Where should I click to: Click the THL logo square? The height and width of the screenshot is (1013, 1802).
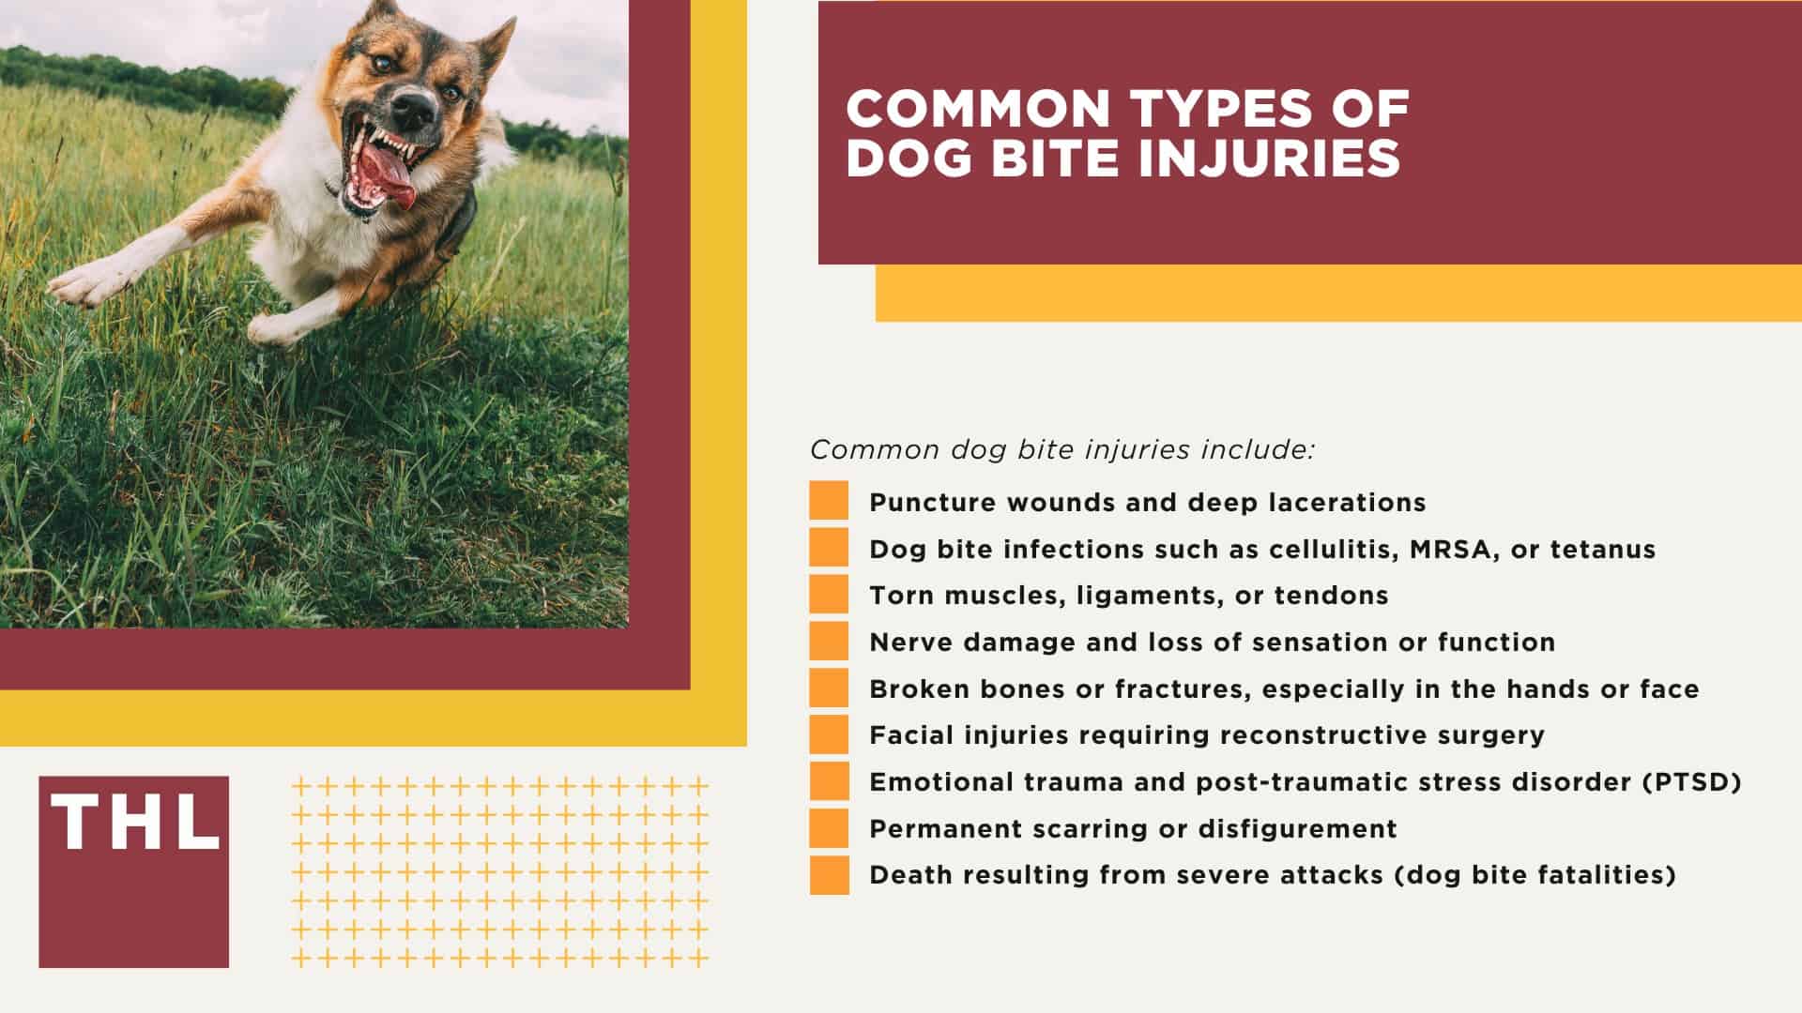[133, 871]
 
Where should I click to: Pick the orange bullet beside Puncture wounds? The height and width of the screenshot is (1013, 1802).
[829, 501]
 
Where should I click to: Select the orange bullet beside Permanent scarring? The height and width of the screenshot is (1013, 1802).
[829, 827]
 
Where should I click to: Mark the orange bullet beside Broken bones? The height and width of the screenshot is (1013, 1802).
[829, 688]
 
